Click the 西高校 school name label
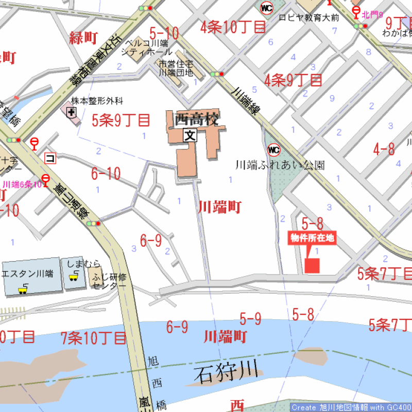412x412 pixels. (197, 119)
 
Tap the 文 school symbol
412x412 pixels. (190, 136)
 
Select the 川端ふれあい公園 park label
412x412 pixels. (280, 165)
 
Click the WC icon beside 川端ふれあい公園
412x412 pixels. (273, 150)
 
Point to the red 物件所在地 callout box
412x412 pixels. (312, 238)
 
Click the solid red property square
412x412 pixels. (312, 265)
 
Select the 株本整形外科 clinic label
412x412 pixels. (97, 100)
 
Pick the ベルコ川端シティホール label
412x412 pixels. (147, 48)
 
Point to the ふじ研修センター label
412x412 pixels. (109, 281)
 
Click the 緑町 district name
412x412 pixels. (83, 38)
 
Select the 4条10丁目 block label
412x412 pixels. (233, 27)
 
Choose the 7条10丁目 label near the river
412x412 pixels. (94, 338)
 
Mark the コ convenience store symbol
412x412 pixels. (50, 158)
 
